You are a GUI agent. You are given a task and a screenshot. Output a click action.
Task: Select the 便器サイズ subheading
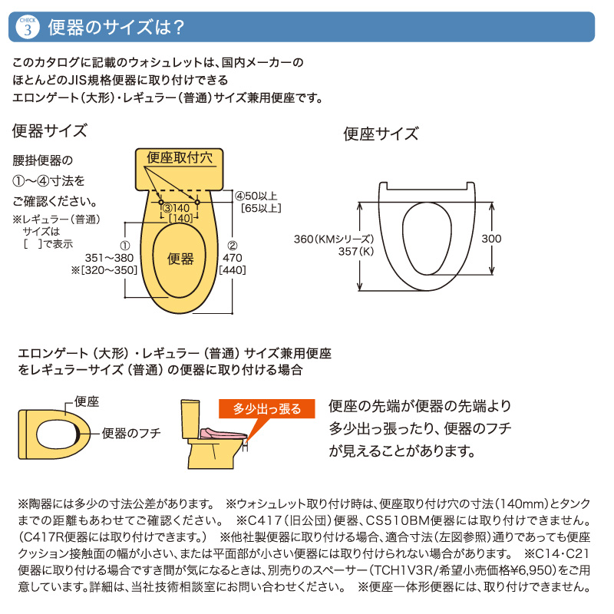coord(50,130)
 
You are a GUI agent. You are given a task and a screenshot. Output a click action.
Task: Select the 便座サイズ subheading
coord(381,134)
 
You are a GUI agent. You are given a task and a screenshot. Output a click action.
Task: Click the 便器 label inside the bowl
coord(180,259)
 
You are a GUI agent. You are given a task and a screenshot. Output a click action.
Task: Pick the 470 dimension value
coord(233,259)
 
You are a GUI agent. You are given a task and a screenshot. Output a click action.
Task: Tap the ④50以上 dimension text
coord(257,196)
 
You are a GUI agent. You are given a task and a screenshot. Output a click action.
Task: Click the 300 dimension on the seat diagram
coord(491,239)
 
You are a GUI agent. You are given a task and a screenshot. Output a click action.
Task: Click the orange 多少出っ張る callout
coord(267,408)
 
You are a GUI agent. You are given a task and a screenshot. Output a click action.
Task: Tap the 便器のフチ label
coord(131,433)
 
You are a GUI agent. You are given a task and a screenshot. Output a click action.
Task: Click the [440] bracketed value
coord(233,271)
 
